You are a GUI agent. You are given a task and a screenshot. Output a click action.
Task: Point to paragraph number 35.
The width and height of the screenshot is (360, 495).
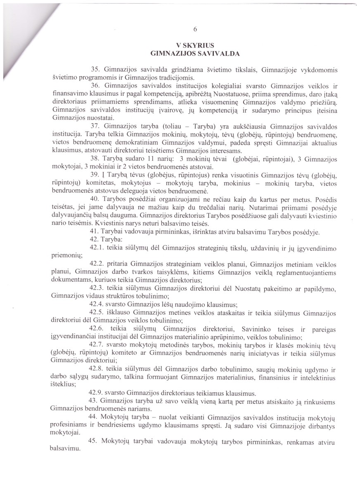point(94,69)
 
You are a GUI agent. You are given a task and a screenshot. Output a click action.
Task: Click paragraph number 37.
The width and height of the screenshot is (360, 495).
point(94,125)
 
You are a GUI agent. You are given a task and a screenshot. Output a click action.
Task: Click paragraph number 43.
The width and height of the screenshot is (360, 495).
point(94,401)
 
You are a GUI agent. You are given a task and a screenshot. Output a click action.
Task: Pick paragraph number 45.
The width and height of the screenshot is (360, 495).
point(94,441)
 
